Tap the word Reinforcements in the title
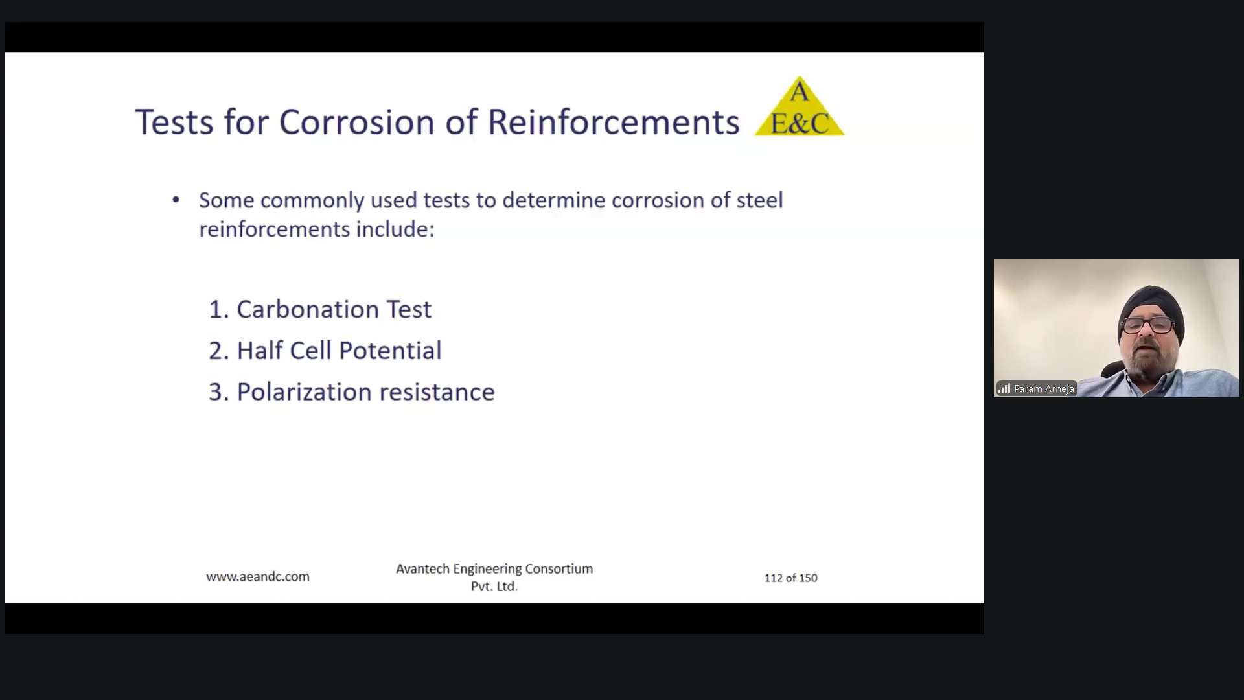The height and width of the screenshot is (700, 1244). coord(613,122)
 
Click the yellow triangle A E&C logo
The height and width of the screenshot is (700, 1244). coord(800,106)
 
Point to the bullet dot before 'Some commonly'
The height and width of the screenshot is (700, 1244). coord(176,200)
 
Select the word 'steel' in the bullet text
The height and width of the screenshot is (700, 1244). coord(759,200)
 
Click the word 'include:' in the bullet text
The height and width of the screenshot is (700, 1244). coord(395,229)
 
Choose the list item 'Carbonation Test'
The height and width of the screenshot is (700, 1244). coord(334,309)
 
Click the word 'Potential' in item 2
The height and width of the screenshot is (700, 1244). coord(390,351)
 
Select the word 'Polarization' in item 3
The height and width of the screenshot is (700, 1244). coord(305,391)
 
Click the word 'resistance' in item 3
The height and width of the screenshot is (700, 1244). coord(437,391)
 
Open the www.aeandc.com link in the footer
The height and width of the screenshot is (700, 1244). coord(258,576)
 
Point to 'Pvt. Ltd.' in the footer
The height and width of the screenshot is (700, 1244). coord(494,586)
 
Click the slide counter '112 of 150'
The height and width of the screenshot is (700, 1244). coord(790,577)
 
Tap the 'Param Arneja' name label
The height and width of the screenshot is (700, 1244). coord(1044,389)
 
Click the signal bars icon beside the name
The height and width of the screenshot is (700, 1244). coord(1004,389)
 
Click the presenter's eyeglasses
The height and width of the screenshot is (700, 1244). coord(1149,325)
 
